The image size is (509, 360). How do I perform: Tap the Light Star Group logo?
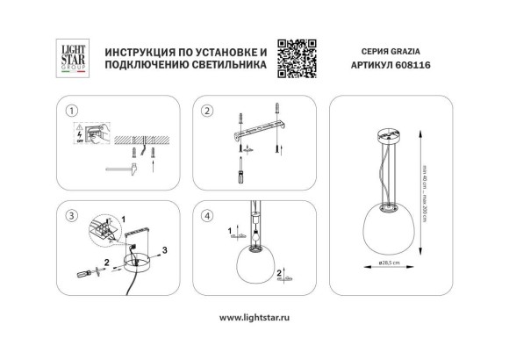[x=70, y=54]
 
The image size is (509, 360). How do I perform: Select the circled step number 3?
[x=73, y=215]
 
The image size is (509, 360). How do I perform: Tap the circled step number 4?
[x=208, y=215]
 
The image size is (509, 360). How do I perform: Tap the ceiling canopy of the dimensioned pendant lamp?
[x=384, y=138]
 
